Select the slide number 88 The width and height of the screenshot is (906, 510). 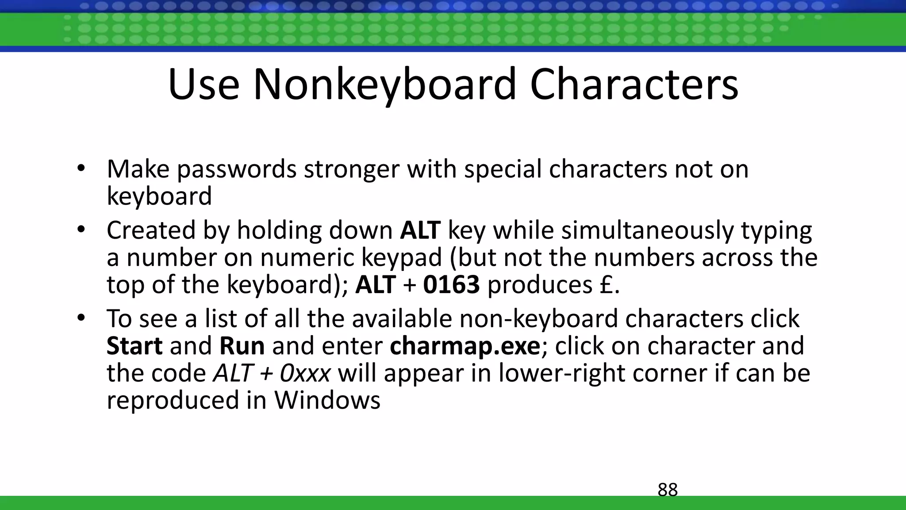pyautogui.click(x=668, y=490)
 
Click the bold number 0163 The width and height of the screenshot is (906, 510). pyautogui.click(x=451, y=285)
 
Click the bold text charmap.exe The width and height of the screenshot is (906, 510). pyautogui.click(x=465, y=346)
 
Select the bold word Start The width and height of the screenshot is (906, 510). pyautogui.click(x=134, y=346)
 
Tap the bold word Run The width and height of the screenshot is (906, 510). pyautogui.click(x=242, y=346)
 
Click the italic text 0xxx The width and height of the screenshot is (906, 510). pyautogui.click(x=305, y=373)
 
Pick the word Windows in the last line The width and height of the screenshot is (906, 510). pyautogui.click(x=327, y=400)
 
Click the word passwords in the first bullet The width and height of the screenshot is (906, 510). pyautogui.click(x=237, y=169)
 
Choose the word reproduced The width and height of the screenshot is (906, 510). pyautogui.click(x=173, y=400)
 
